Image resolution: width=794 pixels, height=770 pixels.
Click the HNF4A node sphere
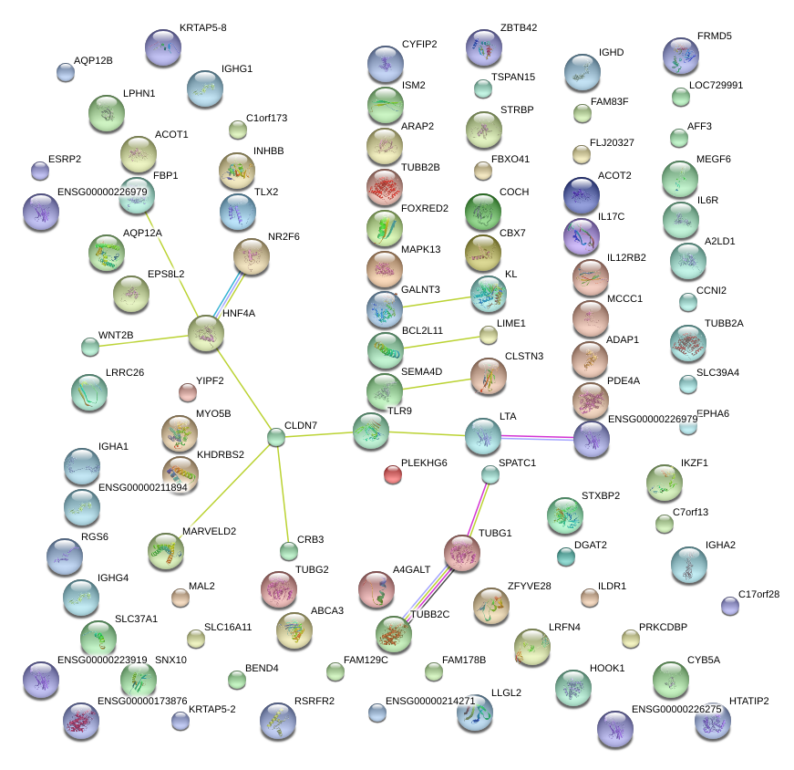tap(205, 335)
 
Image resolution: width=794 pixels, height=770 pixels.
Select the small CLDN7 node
tap(276, 438)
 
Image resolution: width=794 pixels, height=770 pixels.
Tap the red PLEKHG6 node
tap(392, 473)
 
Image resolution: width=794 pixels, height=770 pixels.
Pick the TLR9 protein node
tap(370, 431)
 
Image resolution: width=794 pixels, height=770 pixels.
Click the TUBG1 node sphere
tap(462, 554)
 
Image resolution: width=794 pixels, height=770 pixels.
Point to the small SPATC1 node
tap(490, 473)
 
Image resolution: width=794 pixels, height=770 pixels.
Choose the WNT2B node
tap(90, 346)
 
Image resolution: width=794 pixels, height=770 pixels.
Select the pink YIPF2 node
tap(187, 392)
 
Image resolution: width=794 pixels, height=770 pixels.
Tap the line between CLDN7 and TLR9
tap(315, 434)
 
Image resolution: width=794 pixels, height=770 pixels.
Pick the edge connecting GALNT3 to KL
tap(436, 300)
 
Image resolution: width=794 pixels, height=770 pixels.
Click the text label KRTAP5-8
tap(203, 28)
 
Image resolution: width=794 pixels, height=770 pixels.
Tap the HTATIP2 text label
tap(749, 702)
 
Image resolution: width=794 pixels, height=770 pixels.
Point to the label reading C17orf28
tap(759, 595)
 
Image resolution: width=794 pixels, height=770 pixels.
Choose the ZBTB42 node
tap(483, 47)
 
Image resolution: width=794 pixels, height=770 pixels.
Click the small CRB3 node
tap(289, 551)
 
